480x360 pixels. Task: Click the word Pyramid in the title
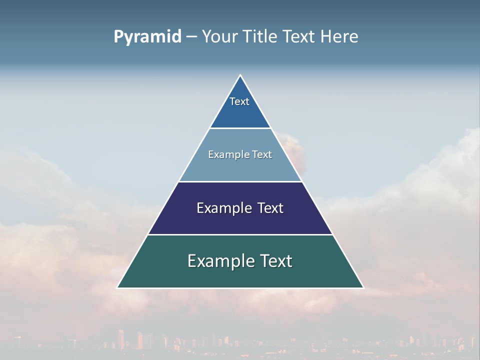coord(147,37)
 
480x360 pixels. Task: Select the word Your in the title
coord(219,36)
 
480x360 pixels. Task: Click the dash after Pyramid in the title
coord(191,37)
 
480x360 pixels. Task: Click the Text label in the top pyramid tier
coord(239,101)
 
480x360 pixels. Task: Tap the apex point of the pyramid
coord(240,75)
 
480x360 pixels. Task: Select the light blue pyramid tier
coord(240,167)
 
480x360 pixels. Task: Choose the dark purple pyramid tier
coord(240,220)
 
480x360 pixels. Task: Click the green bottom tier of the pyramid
coord(240,275)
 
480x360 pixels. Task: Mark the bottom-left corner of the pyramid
coord(118,287)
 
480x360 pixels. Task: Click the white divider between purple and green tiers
coord(240,234)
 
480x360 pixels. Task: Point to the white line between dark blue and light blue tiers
coord(240,128)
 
